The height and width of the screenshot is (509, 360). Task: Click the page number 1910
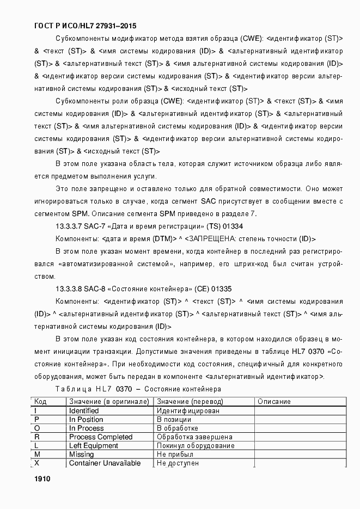coord(42,479)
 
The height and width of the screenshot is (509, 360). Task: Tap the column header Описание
coord(274,402)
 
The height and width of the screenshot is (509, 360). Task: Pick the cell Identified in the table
coord(84,411)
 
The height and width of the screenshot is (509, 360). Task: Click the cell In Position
coord(86,420)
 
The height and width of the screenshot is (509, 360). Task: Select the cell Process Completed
coord(101,437)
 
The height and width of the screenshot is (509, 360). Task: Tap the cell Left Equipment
coord(94,446)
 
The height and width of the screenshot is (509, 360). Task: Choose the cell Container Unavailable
coord(105,463)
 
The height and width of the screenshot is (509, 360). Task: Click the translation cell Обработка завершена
coord(194,437)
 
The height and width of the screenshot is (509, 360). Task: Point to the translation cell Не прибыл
coord(175,455)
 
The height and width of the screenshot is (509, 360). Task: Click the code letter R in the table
coord(37,437)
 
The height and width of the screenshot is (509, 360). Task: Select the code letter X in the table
coord(37,463)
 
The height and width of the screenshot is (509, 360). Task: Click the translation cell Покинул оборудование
coord(196,446)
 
